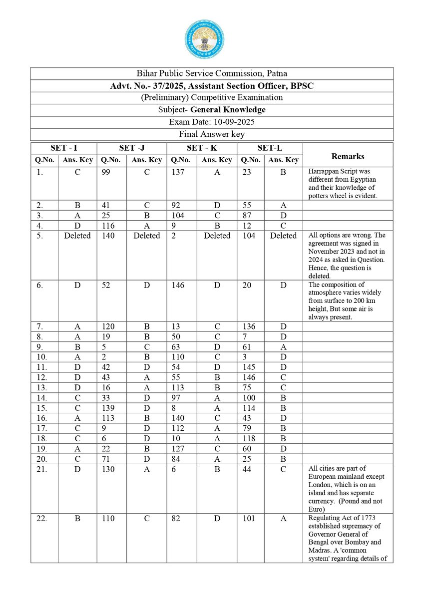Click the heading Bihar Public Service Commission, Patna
click(212, 74)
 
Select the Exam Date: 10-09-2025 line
click(212, 122)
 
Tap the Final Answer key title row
click(212, 134)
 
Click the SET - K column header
click(201, 148)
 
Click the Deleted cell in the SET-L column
click(283, 236)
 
